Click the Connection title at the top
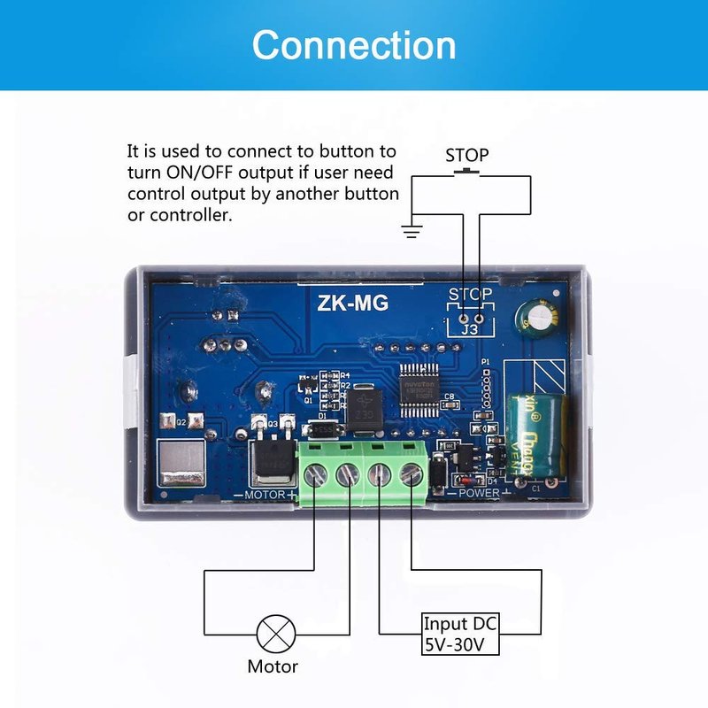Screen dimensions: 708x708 pyautogui.click(x=354, y=44)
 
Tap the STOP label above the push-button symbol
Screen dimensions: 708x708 pyautogui.click(x=466, y=155)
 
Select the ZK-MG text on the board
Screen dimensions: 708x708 pyautogui.click(x=352, y=303)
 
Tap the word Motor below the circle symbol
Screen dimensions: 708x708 pyautogui.click(x=273, y=666)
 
